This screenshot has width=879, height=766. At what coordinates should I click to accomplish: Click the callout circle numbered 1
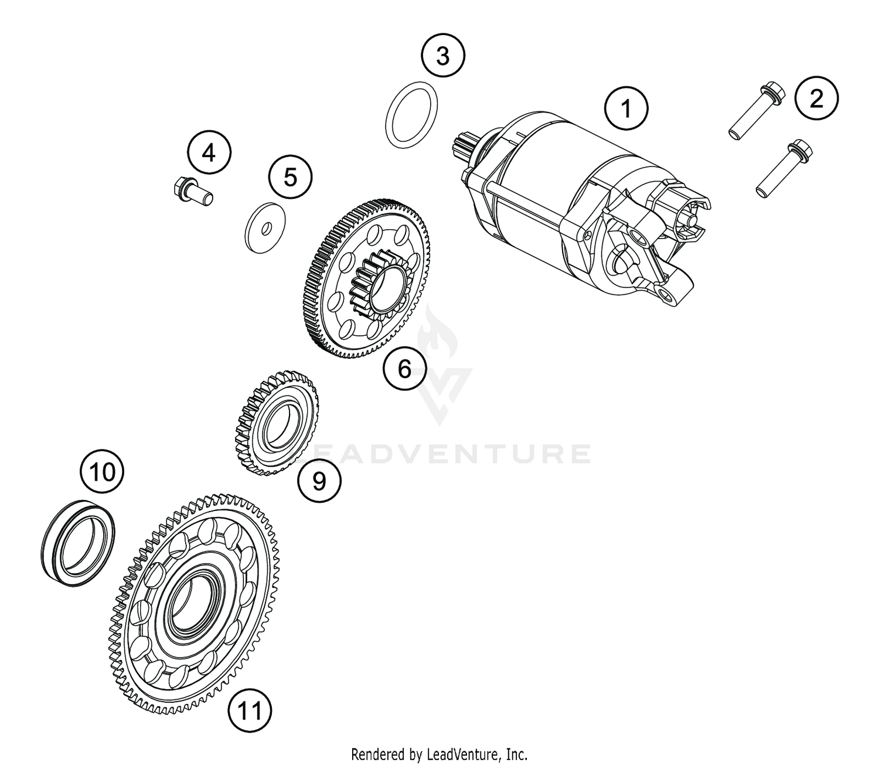point(626,108)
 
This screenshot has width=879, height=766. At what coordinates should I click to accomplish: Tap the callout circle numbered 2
point(816,97)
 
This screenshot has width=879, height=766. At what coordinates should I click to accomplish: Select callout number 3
point(443,57)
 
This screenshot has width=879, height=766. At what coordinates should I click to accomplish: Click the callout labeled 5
point(291,176)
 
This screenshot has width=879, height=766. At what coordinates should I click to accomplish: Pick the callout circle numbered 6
point(405,369)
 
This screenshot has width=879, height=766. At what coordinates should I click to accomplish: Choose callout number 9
point(319,481)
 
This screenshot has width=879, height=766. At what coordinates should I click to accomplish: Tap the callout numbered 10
point(103,471)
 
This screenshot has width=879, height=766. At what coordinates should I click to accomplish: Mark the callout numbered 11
point(250,711)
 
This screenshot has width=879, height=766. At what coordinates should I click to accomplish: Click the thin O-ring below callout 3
point(413,113)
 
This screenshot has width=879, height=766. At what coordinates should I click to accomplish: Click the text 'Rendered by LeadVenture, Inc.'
point(439,753)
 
